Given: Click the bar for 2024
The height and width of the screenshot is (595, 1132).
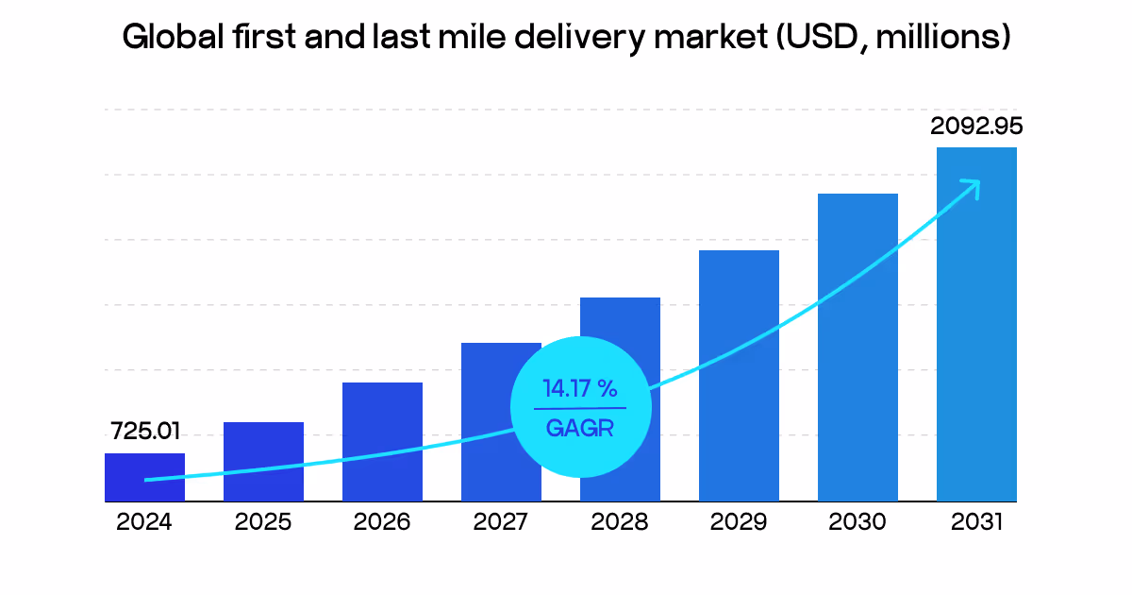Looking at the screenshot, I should pyautogui.click(x=144, y=477).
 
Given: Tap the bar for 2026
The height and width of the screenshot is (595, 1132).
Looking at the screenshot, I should pyautogui.click(x=382, y=441).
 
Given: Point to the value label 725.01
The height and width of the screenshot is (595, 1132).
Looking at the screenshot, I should pyautogui.click(x=145, y=433).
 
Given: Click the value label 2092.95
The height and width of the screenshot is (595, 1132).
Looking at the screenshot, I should pyautogui.click(x=976, y=126).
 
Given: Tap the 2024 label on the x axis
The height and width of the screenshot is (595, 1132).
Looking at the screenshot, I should pyautogui.click(x=144, y=522).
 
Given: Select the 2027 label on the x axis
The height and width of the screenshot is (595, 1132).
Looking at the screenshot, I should pyautogui.click(x=501, y=522).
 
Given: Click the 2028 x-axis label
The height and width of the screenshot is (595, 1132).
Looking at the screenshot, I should pyautogui.click(x=620, y=522).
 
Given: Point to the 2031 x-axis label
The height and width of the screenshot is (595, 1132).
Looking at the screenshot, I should pyautogui.click(x=976, y=522).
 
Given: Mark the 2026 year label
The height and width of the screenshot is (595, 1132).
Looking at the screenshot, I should pyautogui.click(x=382, y=522).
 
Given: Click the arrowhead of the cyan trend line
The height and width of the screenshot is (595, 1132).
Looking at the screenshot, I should pyautogui.click(x=972, y=186).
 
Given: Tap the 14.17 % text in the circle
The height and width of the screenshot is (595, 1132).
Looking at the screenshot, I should pyautogui.click(x=579, y=388).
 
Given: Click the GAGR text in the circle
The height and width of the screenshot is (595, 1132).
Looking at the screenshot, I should pyautogui.click(x=579, y=428).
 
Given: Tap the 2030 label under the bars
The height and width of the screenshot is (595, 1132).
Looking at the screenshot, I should pyautogui.click(x=857, y=522).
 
